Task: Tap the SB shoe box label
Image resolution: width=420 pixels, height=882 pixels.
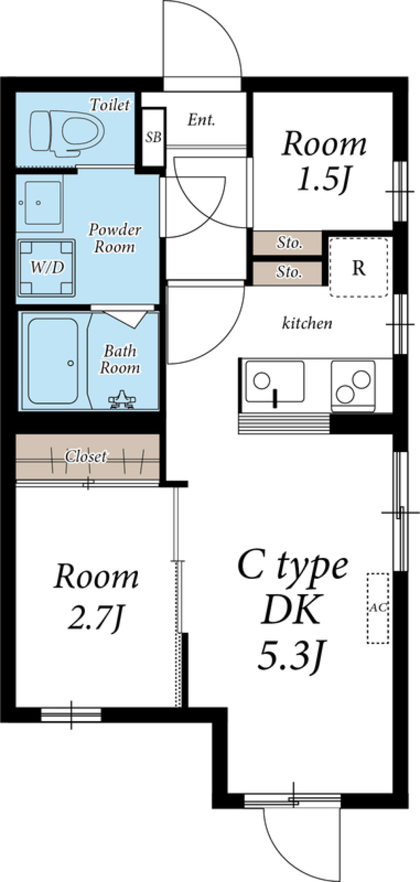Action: pos(153,137)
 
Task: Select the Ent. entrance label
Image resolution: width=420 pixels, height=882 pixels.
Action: pos(201,120)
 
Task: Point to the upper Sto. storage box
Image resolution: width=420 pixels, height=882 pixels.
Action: pos(288,242)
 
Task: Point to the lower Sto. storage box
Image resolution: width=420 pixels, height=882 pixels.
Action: pos(288,272)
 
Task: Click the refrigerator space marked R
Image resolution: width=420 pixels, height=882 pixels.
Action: pos(359,267)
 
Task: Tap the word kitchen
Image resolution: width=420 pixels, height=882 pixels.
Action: pos(307,323)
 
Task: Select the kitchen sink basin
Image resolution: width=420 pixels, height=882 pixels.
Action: pos(274,381)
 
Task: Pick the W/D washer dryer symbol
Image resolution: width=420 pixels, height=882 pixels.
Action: pos(46,267)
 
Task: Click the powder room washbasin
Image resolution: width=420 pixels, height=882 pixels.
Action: pos(42,203)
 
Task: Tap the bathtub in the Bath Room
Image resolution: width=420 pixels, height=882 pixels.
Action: pos(53,361)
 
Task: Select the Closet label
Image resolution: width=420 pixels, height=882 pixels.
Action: pos(86,456)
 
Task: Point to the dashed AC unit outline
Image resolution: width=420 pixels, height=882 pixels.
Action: pos(378,608)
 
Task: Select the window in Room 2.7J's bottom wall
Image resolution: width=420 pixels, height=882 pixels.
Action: pos(71,715)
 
